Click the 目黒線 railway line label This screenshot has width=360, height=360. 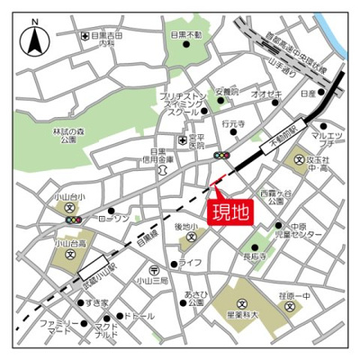point(146,239)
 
